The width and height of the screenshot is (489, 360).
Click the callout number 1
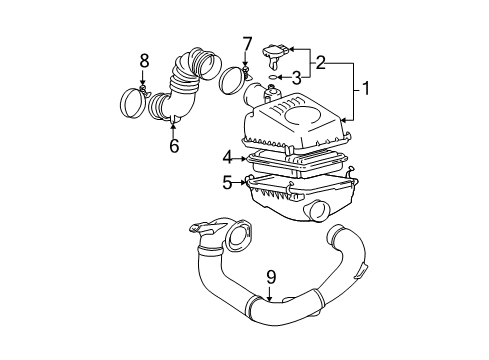(366, 90)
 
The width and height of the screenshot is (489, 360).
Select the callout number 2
(321, 63)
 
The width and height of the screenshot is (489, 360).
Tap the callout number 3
(297, 77)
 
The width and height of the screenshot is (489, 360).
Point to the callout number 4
(228, 156)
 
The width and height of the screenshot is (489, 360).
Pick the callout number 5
(227, 182)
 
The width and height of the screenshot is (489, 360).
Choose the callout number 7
(246, 45)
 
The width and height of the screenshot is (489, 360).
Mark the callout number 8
(144, 63)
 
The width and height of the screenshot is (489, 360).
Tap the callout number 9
(270, 277)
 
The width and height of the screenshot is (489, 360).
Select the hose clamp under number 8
(135, 103)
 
